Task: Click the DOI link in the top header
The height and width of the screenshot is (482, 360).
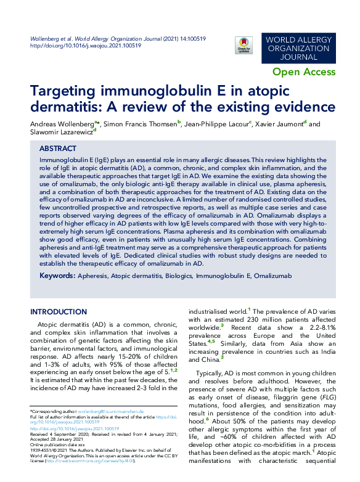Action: tap(86, 45)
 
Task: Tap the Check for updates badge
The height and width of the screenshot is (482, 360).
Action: tap(244, 44)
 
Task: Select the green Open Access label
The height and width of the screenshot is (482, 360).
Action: tap(304, 72)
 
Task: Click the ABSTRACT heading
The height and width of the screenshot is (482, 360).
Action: tap(58, 149)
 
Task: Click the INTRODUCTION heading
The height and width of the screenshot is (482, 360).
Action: tap(59, 312)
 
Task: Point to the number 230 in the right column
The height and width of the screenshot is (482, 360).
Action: tap(258, 321)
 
